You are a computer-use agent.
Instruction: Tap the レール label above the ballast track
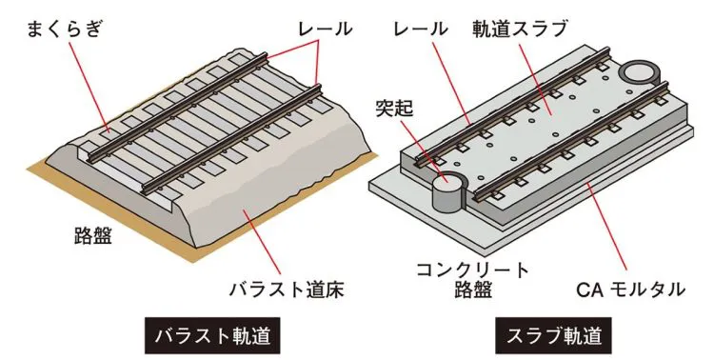[x=326, y=29]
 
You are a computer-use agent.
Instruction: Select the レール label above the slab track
[x=420, y=29]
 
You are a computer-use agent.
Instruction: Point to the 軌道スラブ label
[x=519, y=29]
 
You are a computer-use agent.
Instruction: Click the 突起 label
[x=394, y=109]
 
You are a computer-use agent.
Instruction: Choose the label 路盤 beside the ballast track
[x=93, y=235]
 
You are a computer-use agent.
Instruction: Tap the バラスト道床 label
[x=286, y=290]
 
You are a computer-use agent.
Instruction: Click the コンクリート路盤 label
[x=473, y=280]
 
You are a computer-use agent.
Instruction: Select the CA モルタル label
[x=630, y=290]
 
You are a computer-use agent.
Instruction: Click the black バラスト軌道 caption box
[x=212, y=336]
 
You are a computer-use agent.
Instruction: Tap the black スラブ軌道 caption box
[x=554, y=336]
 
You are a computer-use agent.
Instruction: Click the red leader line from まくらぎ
[x=90, y=85]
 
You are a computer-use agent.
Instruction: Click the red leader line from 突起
[x=425, y=148]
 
